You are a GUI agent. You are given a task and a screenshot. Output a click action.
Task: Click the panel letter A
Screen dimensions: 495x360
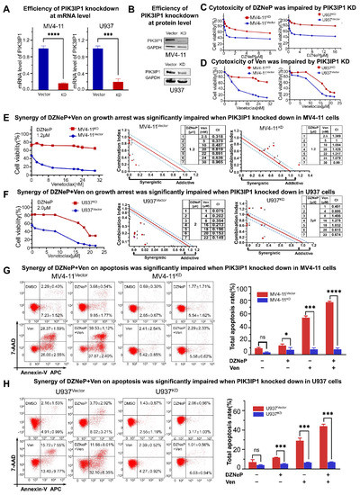coord(4,5)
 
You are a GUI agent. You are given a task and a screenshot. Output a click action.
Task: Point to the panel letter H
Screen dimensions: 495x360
coord(4,372)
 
